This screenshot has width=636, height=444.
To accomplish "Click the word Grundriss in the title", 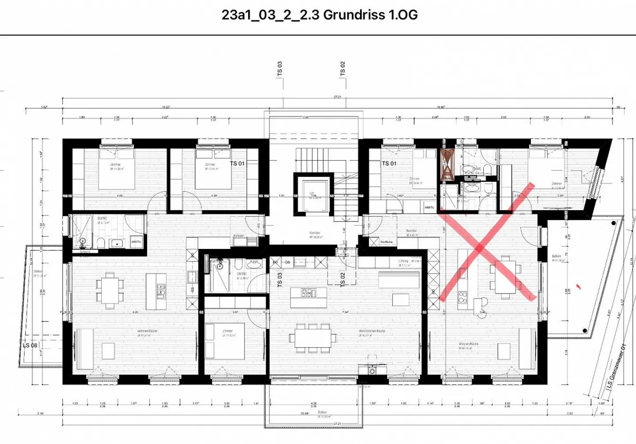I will pos(353,15).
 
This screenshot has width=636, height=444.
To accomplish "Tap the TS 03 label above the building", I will pos(280,69).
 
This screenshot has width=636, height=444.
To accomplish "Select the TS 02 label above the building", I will pos(343,69).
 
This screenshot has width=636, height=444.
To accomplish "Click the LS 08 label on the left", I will pos(30,345).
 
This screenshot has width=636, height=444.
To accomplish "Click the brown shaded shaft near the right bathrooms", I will pos(447,165).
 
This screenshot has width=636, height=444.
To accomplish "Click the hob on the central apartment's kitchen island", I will pos(309,292).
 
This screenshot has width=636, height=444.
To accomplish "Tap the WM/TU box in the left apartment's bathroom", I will pos(136,242).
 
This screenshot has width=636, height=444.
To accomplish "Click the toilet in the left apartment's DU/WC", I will pos(101,243).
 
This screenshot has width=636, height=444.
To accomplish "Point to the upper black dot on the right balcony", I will pos(613,223).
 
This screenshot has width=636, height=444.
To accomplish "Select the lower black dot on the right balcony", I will pos(585,330).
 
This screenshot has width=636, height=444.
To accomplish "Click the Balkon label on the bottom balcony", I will pos(322,412).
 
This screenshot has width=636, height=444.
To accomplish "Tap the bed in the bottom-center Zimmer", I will pos(229,341).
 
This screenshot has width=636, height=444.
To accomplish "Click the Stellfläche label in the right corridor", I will pos(386,242).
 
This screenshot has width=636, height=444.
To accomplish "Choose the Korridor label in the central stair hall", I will pos(314,233).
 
